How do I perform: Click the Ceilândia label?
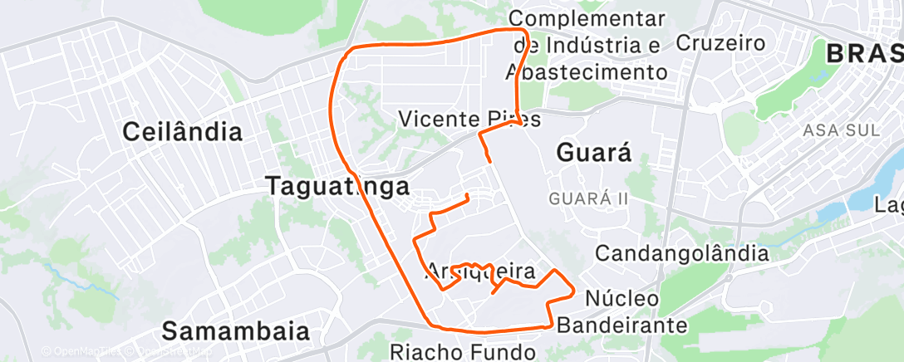(x=183, y=131)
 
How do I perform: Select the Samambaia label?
(x=235, y=330)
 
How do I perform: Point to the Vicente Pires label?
(x=469, y=120)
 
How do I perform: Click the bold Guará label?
(x=593, y=153)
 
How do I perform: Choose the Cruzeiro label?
(x=720, y=42)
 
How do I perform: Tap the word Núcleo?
(x=622, y=297)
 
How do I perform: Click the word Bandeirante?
(x=622, y=325)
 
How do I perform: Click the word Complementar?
(x=587, y=17)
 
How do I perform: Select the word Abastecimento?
(x=587, y=72)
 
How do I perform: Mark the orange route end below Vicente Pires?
(x=490, y=159)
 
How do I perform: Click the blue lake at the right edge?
(x=887, y=203)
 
